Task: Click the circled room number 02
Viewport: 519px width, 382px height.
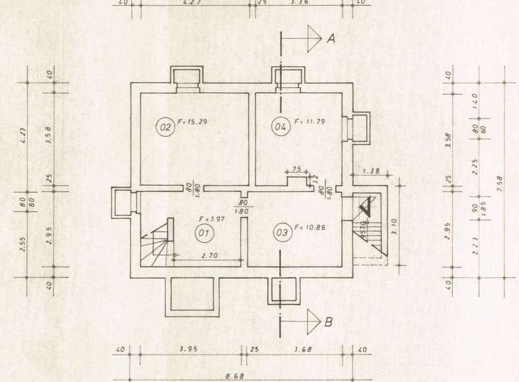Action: (165, 128)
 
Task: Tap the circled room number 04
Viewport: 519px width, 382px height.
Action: (279, 128)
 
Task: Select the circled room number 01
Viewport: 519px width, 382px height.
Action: (203, 232)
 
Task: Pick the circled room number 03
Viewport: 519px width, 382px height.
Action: (281, 232)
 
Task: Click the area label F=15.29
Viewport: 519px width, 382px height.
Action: (192, 121)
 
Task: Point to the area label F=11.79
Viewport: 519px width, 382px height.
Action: (310, 121)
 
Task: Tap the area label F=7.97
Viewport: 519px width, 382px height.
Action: (213, 218)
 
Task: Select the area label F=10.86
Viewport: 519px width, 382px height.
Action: (310, 228)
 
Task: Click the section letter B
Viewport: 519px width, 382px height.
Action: (329, 322)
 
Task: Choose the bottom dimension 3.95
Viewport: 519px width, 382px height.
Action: (187, 350)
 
